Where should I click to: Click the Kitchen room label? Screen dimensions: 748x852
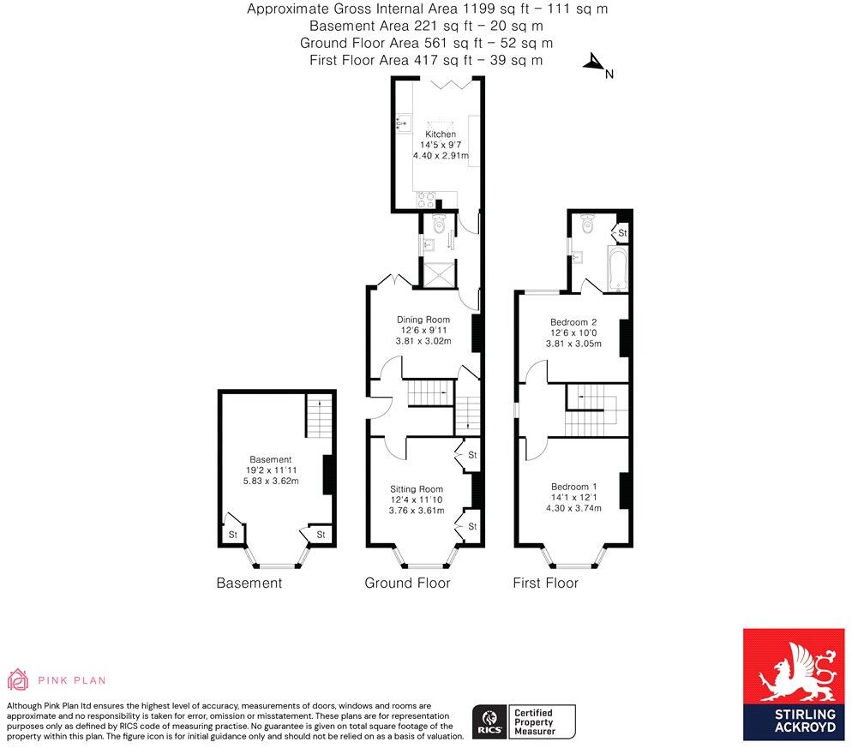pos(441,135)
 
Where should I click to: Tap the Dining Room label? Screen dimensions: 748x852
pos(423,320)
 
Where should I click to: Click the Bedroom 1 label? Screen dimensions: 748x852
pos(573,487)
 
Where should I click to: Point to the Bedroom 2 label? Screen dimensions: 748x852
pos(573,322)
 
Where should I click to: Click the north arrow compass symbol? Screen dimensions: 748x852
pos(593,63)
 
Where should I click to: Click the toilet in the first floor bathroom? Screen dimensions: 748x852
pos(588,224)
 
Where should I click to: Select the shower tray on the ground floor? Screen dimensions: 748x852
pos(437,274)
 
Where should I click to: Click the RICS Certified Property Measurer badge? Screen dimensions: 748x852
pos(524,722)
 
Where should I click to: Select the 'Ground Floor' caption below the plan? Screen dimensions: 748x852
pos(407,583)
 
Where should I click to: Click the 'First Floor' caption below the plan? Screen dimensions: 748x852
pos(545,583)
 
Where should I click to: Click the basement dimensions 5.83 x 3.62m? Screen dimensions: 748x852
pos(271,481)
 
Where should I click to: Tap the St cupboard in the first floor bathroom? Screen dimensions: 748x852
pos(622,232)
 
